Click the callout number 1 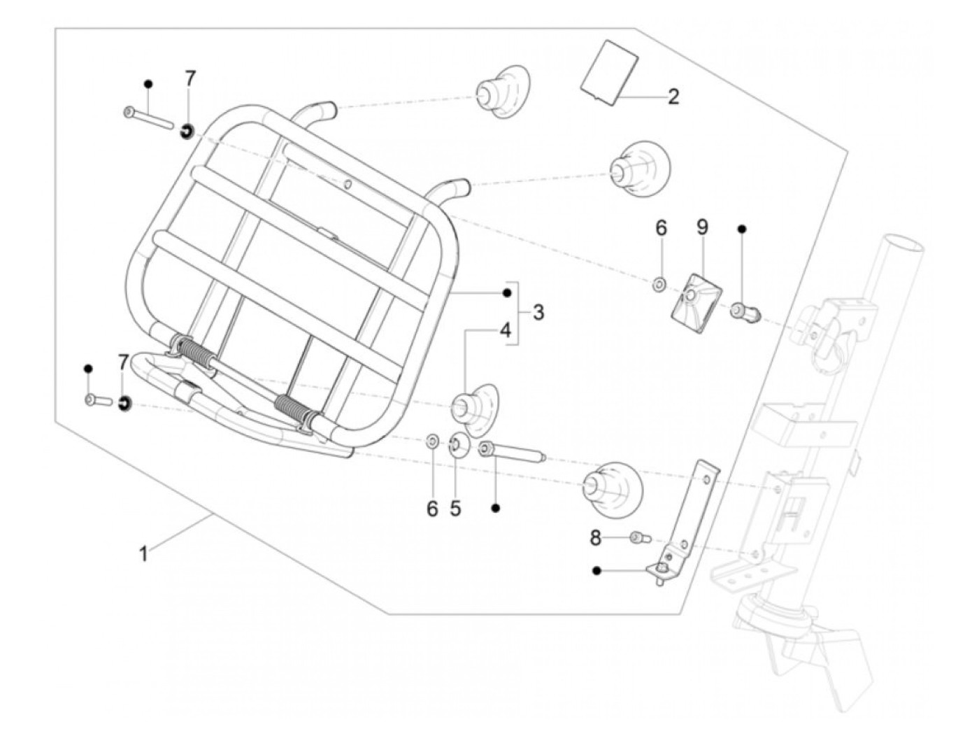pyautogui.click(x=143, y=555)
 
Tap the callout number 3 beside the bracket pyautogui.click(x=538, y=312)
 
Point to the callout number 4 pyautogui.click(x=504, y=330)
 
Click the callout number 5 pyautogui.click(x=455, y=508)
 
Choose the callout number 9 pyautogui.click(x=701, y=227)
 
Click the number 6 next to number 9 pyautogui.click(x=661, y=227)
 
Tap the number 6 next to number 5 pyautogui.click(x=432, y=508)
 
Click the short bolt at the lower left pyautogui.click(x=98, y=400)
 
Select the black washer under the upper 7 pyautogui.click(x=187, y=132)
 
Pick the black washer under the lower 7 pyautogui.click(x=124, y=404)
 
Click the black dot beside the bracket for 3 pyautogui.click(x=506, y=292)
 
